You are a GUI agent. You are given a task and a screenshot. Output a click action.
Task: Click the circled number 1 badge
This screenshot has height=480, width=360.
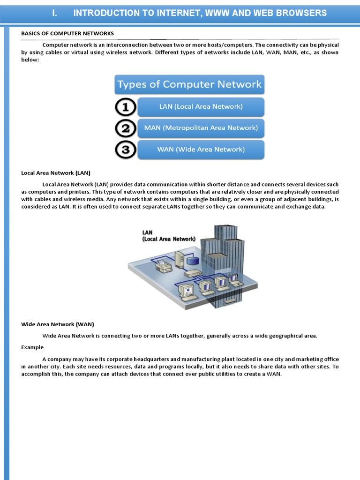click(x=125, y=107)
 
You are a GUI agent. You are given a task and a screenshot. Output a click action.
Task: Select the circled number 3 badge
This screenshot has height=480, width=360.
click(x=125, y=150)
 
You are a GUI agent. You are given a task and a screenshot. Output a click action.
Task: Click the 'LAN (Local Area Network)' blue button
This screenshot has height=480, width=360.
click(x=201, y=107)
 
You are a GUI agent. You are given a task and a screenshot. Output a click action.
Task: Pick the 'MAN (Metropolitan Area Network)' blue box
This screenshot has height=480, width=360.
click(x=201, y=128)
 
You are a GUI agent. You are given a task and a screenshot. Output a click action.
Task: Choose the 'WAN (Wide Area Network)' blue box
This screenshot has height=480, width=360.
click(x=201, y=150)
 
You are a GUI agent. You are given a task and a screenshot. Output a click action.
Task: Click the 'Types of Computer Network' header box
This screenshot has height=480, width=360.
click(x=189, y=85)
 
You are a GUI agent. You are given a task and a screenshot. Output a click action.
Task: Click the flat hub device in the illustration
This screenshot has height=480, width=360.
click(x=193, y=273)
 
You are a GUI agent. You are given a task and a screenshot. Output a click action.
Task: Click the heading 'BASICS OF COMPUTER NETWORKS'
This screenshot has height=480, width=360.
click(x=67, y=33)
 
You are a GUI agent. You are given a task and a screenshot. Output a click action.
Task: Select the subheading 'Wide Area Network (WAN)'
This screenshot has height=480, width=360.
click(x=58, y=324)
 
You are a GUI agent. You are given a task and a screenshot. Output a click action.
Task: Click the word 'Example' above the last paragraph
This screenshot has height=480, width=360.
click(x=32, y=347)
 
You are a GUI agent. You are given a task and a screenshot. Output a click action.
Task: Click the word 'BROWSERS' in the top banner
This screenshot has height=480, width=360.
click(x=301, y=13)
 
